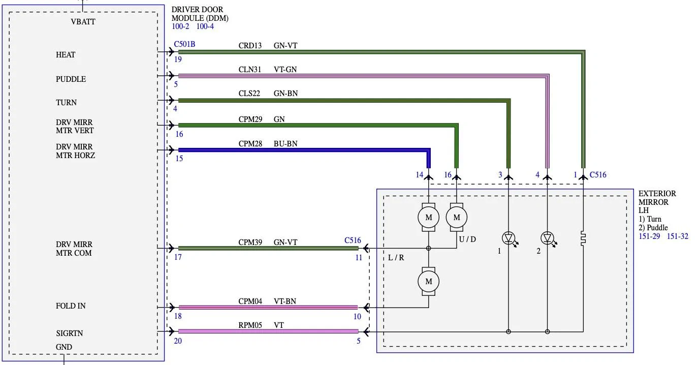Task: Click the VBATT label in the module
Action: (x=83, y=22)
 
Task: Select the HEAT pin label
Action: (x=66, y=55)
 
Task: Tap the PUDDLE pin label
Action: (x=71, y=79)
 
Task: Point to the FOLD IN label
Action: (x=71, y=306)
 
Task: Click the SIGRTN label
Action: (x=70, y=333)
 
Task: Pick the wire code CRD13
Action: (x=250, y=46)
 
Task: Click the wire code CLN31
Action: (x=250, y=70)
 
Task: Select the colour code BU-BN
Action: (x=285, y=144)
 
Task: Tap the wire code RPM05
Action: (x=250, y=325)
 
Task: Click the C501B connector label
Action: (x=185, y=44)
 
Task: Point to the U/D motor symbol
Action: (x=457, y=218)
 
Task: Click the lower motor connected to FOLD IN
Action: (x=428, y=282)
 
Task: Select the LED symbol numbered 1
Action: (x=509, y=238)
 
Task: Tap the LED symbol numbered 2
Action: (x=548, y=238)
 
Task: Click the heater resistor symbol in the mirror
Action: (x=583, y=238)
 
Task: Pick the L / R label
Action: (x=396, y=258)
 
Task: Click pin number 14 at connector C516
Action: (x=420, y=175)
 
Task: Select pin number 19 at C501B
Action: (x=178, y=59)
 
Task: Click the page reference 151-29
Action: (x=649, y=236)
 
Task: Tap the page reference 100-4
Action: (x=205, y=26)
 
